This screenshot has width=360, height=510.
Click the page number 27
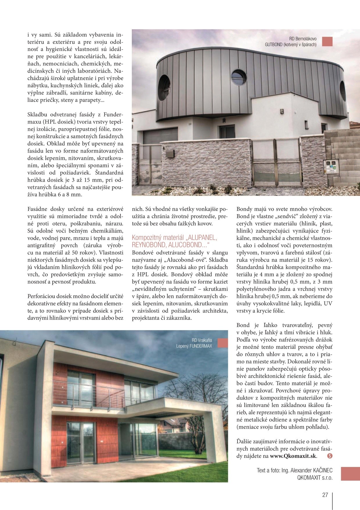(x=325, y=495)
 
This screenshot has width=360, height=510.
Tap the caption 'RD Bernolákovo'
(x=303, y=39)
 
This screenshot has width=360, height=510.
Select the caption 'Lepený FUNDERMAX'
(x=194, y=346)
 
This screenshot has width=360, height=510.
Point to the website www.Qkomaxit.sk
(x=293, y=456)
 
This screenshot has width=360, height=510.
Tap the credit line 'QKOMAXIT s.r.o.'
(x=315, y=477)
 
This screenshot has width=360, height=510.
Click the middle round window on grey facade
(x=239, y=77)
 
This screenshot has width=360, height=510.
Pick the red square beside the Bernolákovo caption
(x=327, y=41)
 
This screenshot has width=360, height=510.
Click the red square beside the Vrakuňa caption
(x=223, y=343)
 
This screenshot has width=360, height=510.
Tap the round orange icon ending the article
(x=330, y=456)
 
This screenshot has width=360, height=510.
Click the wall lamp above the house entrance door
(x=224, y=120)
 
